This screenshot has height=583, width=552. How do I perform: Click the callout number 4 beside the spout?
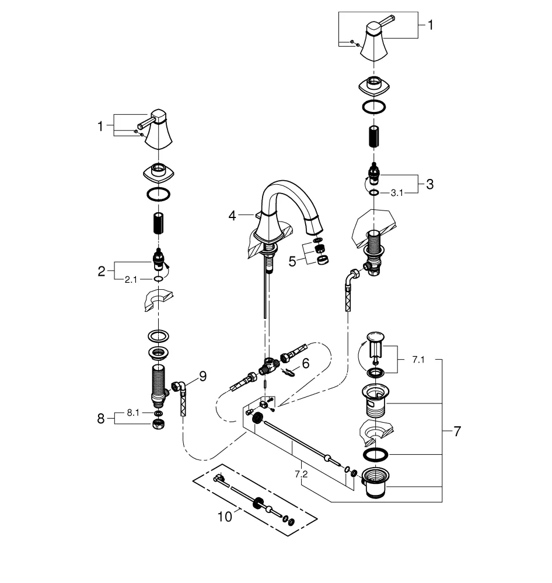pyautogui.click(x=232, y=216)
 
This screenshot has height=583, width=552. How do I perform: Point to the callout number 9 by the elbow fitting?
pyautogui.click(x=202, y=377)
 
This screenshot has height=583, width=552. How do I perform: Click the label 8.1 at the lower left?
pyautogui.click(x=133, y=413)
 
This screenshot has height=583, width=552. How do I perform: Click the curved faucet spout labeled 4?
pyautogui.click(x=286, y=201)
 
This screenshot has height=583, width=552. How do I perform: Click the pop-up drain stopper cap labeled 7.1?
pyautogui.click(x=375, y=338)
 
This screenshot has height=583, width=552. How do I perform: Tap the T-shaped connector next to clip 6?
pyautogui.click(x=268, y=365)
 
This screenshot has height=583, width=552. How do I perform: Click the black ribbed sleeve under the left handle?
pyautogui.click(x=158, y=223)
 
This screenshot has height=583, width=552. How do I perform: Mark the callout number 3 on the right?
pyautogui.click(x=429, y=185)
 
